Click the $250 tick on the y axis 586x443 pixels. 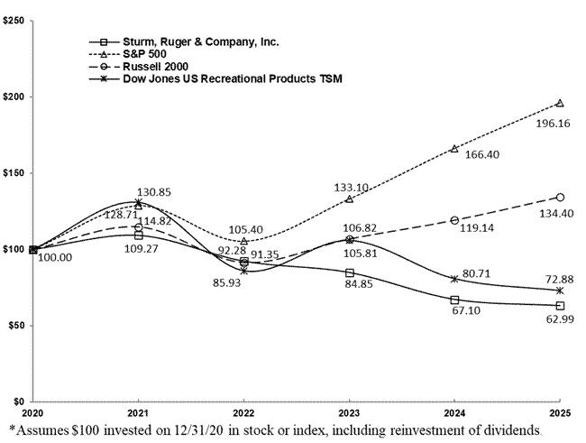point(14,20)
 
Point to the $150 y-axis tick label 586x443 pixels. point(14,172)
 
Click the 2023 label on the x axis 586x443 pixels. point(349,411)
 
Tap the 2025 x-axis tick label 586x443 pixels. point(560,411)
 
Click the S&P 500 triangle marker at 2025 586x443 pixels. point(560,103)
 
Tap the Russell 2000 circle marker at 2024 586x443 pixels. point(454,220)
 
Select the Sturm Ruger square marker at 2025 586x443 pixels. point(560,306)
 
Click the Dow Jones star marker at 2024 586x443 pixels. point(454,279)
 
